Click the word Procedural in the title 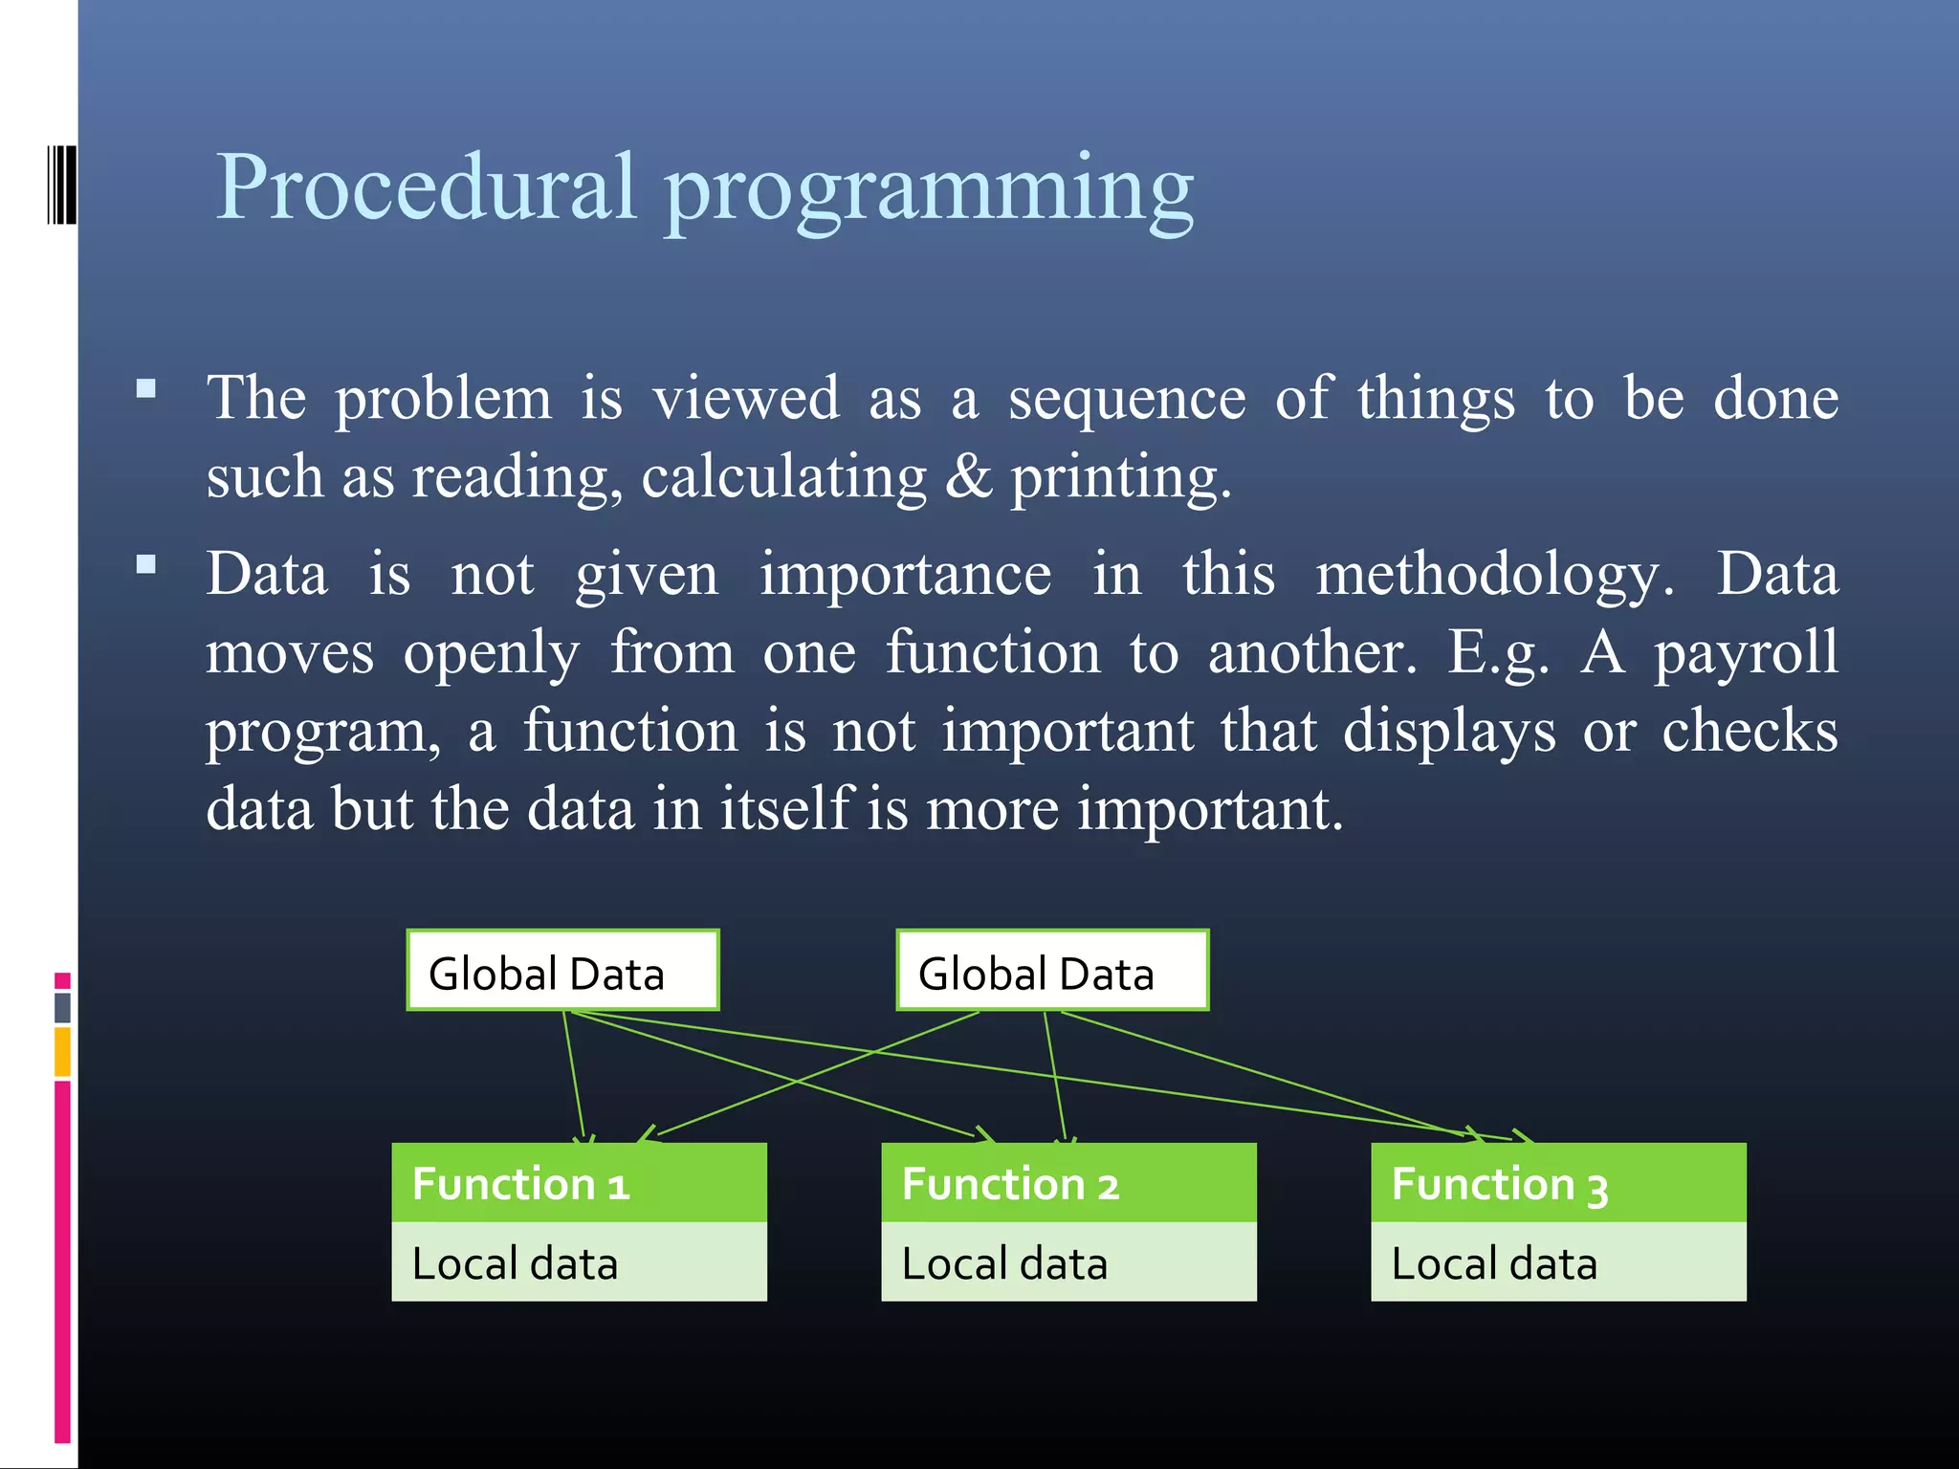point(426,186)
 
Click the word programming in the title point(929,191)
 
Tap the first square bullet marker point(146,388)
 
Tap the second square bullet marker point(146,564)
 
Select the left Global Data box point(562,970)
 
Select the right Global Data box point(1052,970)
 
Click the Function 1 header point(579,1183)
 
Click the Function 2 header point(1068,1183)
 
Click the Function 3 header point(1558,1183)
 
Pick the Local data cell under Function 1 point(579,1262)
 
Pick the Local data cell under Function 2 point(1068,1262)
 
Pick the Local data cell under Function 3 point(1558,1262)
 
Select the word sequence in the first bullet point(1127,400)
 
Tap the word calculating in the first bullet point(783,477)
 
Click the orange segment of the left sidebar point(62,1051)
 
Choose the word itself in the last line point(785,808)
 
